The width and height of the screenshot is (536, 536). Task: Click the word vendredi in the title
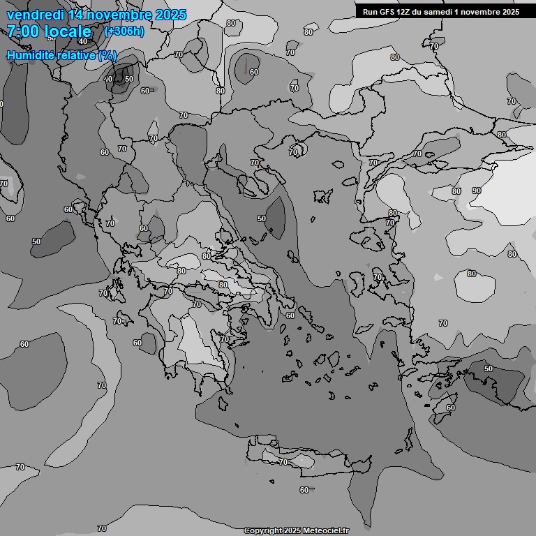35,15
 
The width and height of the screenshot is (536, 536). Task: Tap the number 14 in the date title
78,15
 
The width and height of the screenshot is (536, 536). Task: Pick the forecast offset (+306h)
124,31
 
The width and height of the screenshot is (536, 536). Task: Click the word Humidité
31,54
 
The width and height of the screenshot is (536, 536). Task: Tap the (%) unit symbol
107,54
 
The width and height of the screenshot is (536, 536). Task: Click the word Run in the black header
370,12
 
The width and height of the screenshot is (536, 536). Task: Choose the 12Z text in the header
405,12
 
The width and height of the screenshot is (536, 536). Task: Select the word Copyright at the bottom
263,530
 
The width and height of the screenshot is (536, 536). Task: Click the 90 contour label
477,191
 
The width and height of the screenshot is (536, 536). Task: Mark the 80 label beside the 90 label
456,191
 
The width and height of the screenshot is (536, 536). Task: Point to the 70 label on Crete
283,462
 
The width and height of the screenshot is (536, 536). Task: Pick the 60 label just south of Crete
304,490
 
